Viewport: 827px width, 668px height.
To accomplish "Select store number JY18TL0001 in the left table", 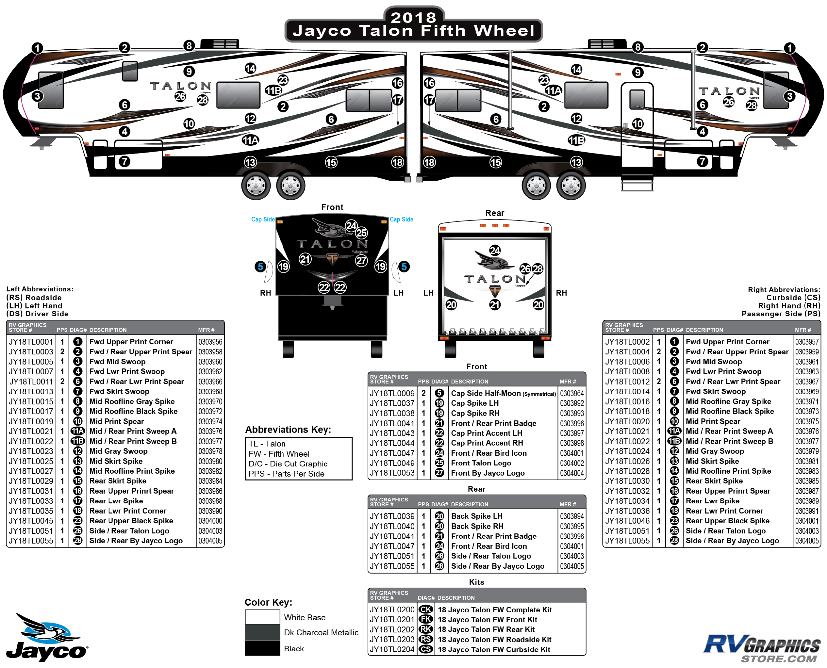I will (x=30, y=342).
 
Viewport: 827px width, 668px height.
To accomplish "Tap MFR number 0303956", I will (x=210, y=342).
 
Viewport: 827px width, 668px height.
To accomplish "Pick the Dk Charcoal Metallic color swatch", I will (x=262, y=632).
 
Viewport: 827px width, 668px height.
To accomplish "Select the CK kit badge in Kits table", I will (x=426, y=610).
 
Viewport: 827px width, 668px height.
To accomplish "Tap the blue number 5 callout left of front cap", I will (x=260, y=266).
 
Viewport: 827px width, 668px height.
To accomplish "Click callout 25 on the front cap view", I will (x=361, y=233).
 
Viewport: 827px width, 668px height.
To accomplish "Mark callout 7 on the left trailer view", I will (x=124, y=161).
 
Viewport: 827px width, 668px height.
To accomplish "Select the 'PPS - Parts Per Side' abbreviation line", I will (x=286, y=474).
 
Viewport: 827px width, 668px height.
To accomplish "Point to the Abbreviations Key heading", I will (x=288, y=429).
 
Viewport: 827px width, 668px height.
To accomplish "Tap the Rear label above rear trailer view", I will (x=495, y=213).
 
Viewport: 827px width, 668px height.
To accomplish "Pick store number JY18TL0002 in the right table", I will (x=627, y=342).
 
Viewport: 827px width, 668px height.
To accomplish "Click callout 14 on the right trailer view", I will (x=576, y=70).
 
